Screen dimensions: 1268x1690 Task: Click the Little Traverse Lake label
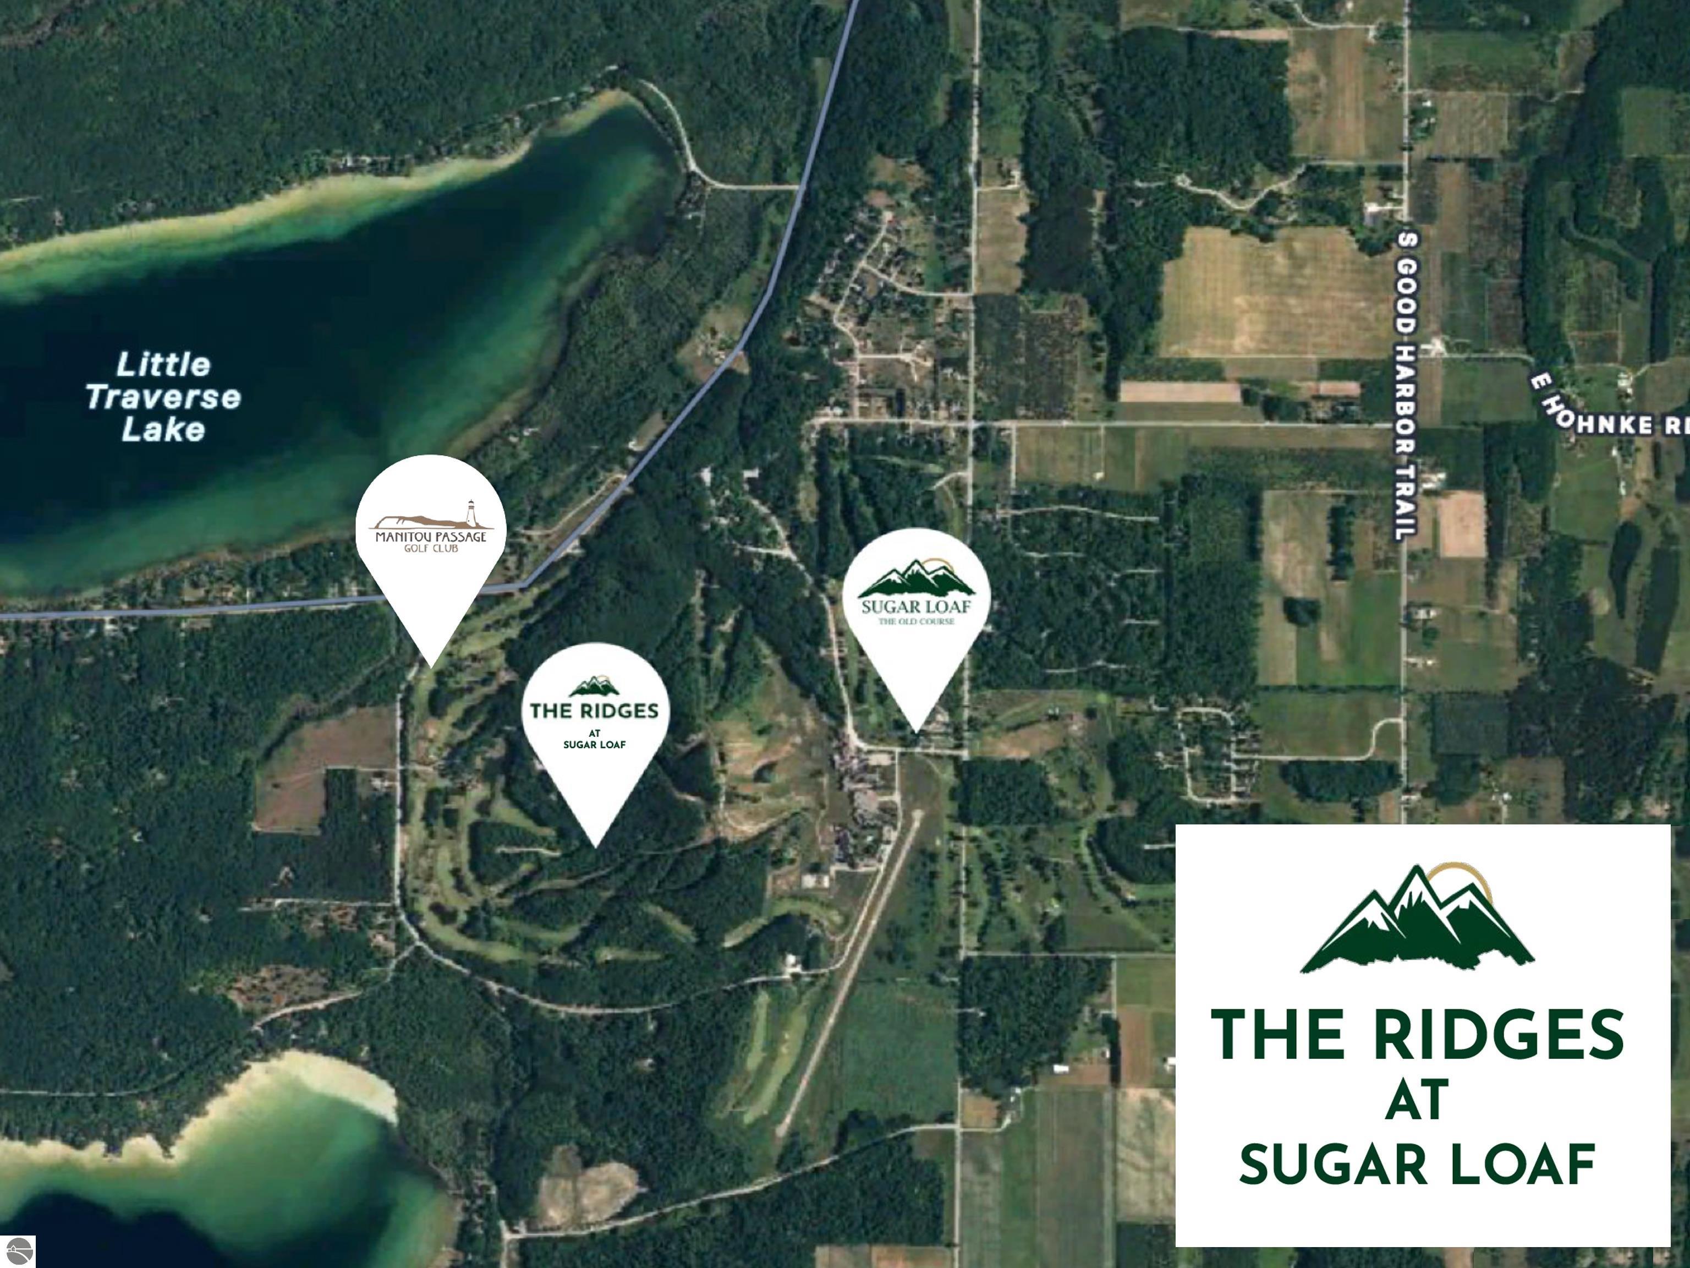pos(163,397)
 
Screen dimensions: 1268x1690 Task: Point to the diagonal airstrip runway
pos(848,971)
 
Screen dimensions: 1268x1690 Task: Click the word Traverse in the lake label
pos(163,397)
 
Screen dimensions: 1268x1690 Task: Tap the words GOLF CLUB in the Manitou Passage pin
pos(431,548)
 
